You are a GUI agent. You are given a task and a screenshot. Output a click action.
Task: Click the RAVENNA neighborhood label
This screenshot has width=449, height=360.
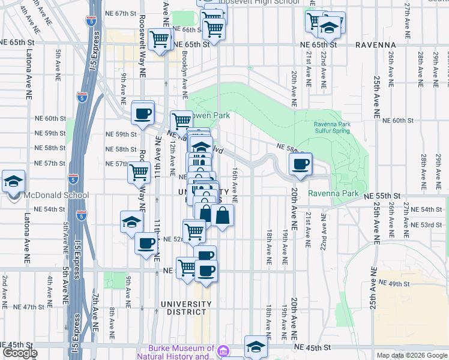tap(375, 45)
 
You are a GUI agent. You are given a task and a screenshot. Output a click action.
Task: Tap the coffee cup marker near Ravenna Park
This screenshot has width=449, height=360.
tap(300, 163)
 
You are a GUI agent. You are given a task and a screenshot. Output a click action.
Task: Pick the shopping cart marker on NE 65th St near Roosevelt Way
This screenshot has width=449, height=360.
tap(160, 40)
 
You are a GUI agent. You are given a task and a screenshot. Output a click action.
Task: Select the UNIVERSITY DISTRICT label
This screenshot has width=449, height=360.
tap(186, 308)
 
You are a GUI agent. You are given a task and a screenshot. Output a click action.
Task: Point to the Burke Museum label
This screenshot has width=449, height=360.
tap(181, 352)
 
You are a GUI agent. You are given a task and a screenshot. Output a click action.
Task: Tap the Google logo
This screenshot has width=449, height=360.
tap(19, 353)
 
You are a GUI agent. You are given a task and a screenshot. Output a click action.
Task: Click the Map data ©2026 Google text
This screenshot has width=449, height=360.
tap(411, 355)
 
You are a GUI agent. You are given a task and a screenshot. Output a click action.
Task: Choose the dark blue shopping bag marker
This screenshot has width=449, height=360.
tap(222, 216)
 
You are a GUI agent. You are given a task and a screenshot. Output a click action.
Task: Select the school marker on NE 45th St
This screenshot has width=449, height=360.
tap(256, 347)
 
